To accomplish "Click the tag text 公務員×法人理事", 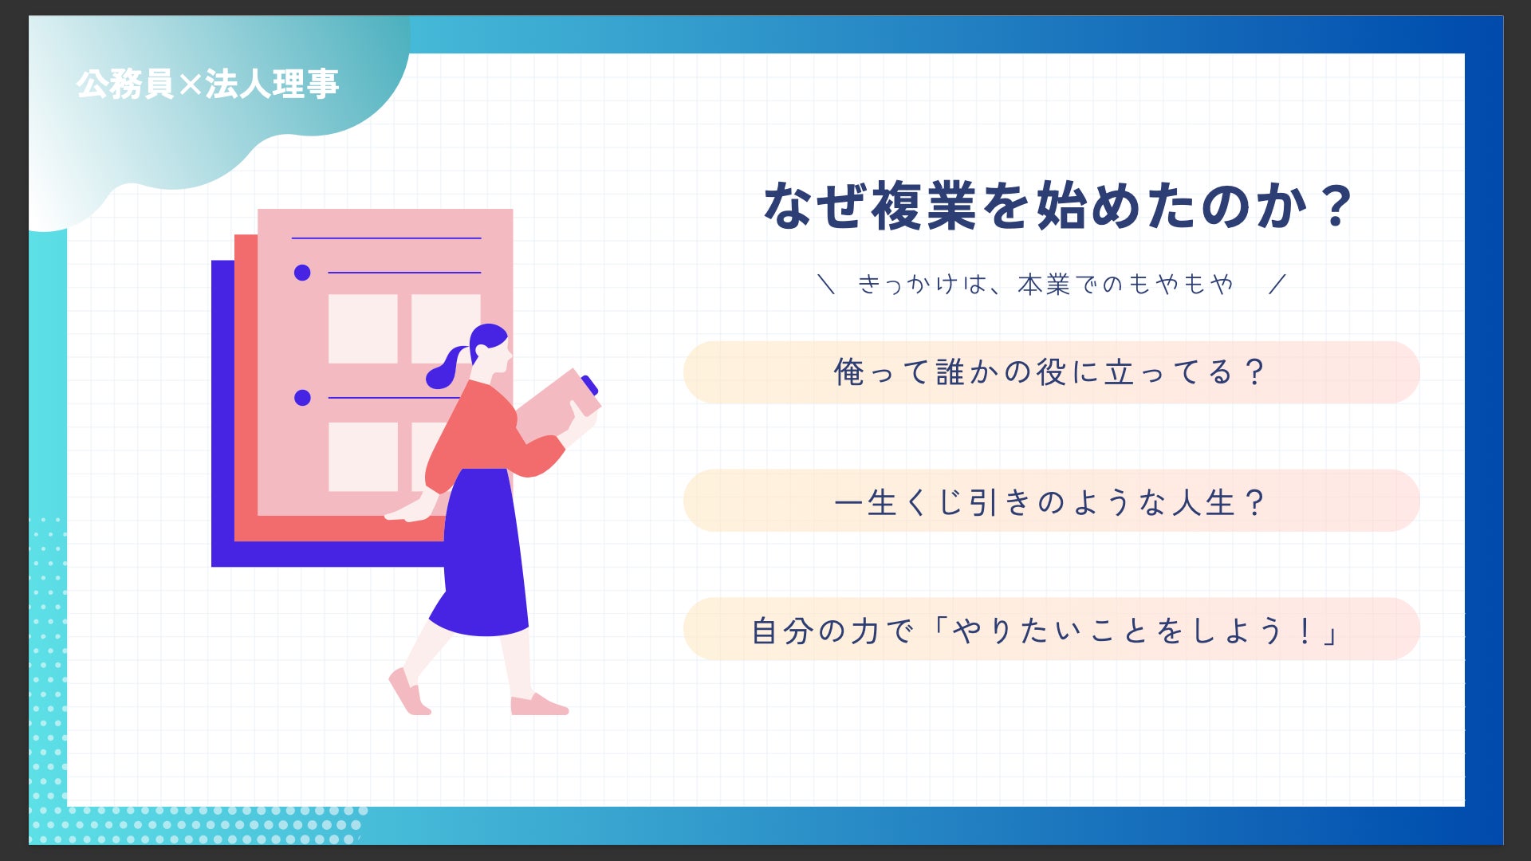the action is click(208, 84).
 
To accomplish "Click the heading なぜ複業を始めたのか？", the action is click(1058, 206).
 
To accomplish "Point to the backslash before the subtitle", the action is click(826, 284).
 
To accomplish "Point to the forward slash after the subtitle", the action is click(1277, 284).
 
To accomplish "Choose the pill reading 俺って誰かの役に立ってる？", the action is click(1051, 372).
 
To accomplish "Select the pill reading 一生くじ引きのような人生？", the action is click(1051, 501).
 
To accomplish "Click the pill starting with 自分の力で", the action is click(1051, 629).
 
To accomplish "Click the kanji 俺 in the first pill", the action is click(849, 372).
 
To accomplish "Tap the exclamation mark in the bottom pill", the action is click(1305, 631).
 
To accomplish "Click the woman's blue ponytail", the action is click(447, 367).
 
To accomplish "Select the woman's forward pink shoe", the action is click(539, 705).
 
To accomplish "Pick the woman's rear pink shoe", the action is click(408, 691).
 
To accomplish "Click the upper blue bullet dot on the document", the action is click(302, 273).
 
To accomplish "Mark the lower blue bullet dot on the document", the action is click(302, 397).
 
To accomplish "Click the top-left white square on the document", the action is click(363, 328).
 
